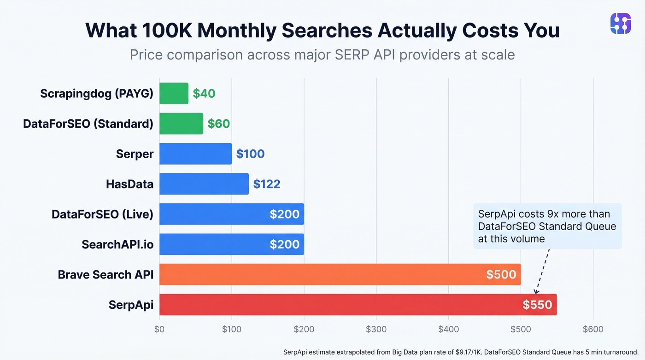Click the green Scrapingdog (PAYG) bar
point(174,94)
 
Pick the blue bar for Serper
point(195,154)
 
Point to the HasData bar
point(204,184)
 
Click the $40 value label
point(204,94)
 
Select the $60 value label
point(219,124)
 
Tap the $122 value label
point(267,184)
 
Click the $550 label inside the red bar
point(537,305)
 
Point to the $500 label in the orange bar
point(501,275)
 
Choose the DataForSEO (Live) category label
point(102,214)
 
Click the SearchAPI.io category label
point(117,244)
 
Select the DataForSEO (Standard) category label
point(88,124)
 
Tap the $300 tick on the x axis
point(376,329)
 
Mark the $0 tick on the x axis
point(159,329)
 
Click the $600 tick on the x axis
point(593,329)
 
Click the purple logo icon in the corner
point(620,23)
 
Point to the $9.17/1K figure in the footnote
point(465,352)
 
